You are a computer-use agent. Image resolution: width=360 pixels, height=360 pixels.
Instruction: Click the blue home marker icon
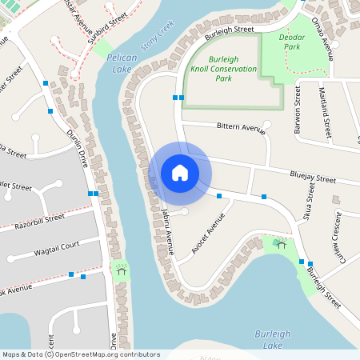click(180, 172)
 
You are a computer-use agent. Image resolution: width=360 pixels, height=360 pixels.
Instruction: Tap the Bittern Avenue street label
click(240, 127)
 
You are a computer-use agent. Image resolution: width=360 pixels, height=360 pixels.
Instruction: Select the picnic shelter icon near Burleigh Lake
click(280, 243)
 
